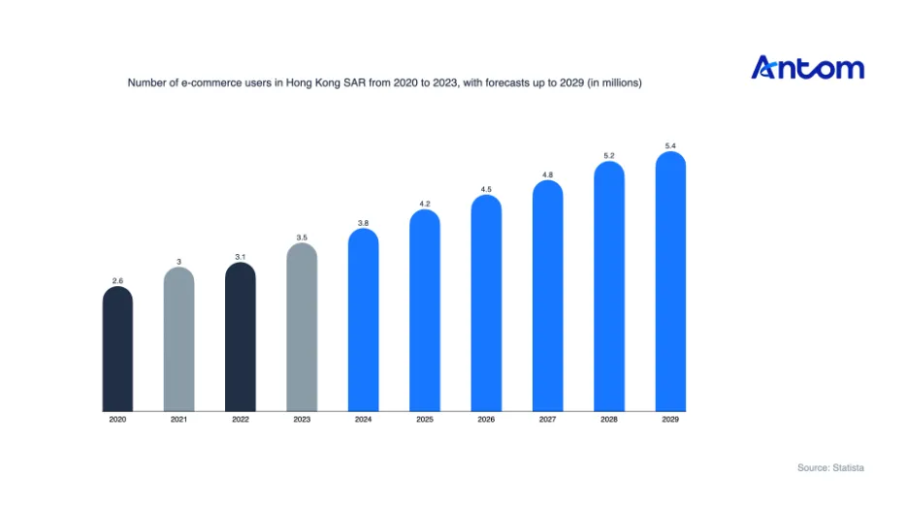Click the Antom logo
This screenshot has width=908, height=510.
[x=807, y=67]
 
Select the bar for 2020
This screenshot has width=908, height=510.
[x=117, y=348]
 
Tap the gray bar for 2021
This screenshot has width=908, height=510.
[x=178, y=339]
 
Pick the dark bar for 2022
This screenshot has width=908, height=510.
[x=241, y=336]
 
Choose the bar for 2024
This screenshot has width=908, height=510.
[x=363, y=320]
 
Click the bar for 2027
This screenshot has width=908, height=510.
[x=548, y=296]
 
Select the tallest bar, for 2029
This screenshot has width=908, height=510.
[x=670, y=281]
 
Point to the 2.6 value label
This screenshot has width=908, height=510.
[x=117, y=281]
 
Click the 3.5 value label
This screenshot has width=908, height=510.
[x=302, y=238]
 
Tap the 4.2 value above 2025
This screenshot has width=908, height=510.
[x=425, y=204]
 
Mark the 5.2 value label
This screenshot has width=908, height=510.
[x=609, y=156]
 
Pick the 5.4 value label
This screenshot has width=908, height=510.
[x=670, y=145]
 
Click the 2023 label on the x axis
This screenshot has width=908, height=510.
[x=302, y=419]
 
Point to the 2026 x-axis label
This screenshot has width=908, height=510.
[x=486, y=419]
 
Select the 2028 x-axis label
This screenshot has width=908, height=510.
[x=609, y=419]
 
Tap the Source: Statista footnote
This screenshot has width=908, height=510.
[x=830, y=467]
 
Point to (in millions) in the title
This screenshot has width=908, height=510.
[x=614, y=82]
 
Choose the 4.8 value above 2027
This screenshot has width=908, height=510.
[x=548, y=175]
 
